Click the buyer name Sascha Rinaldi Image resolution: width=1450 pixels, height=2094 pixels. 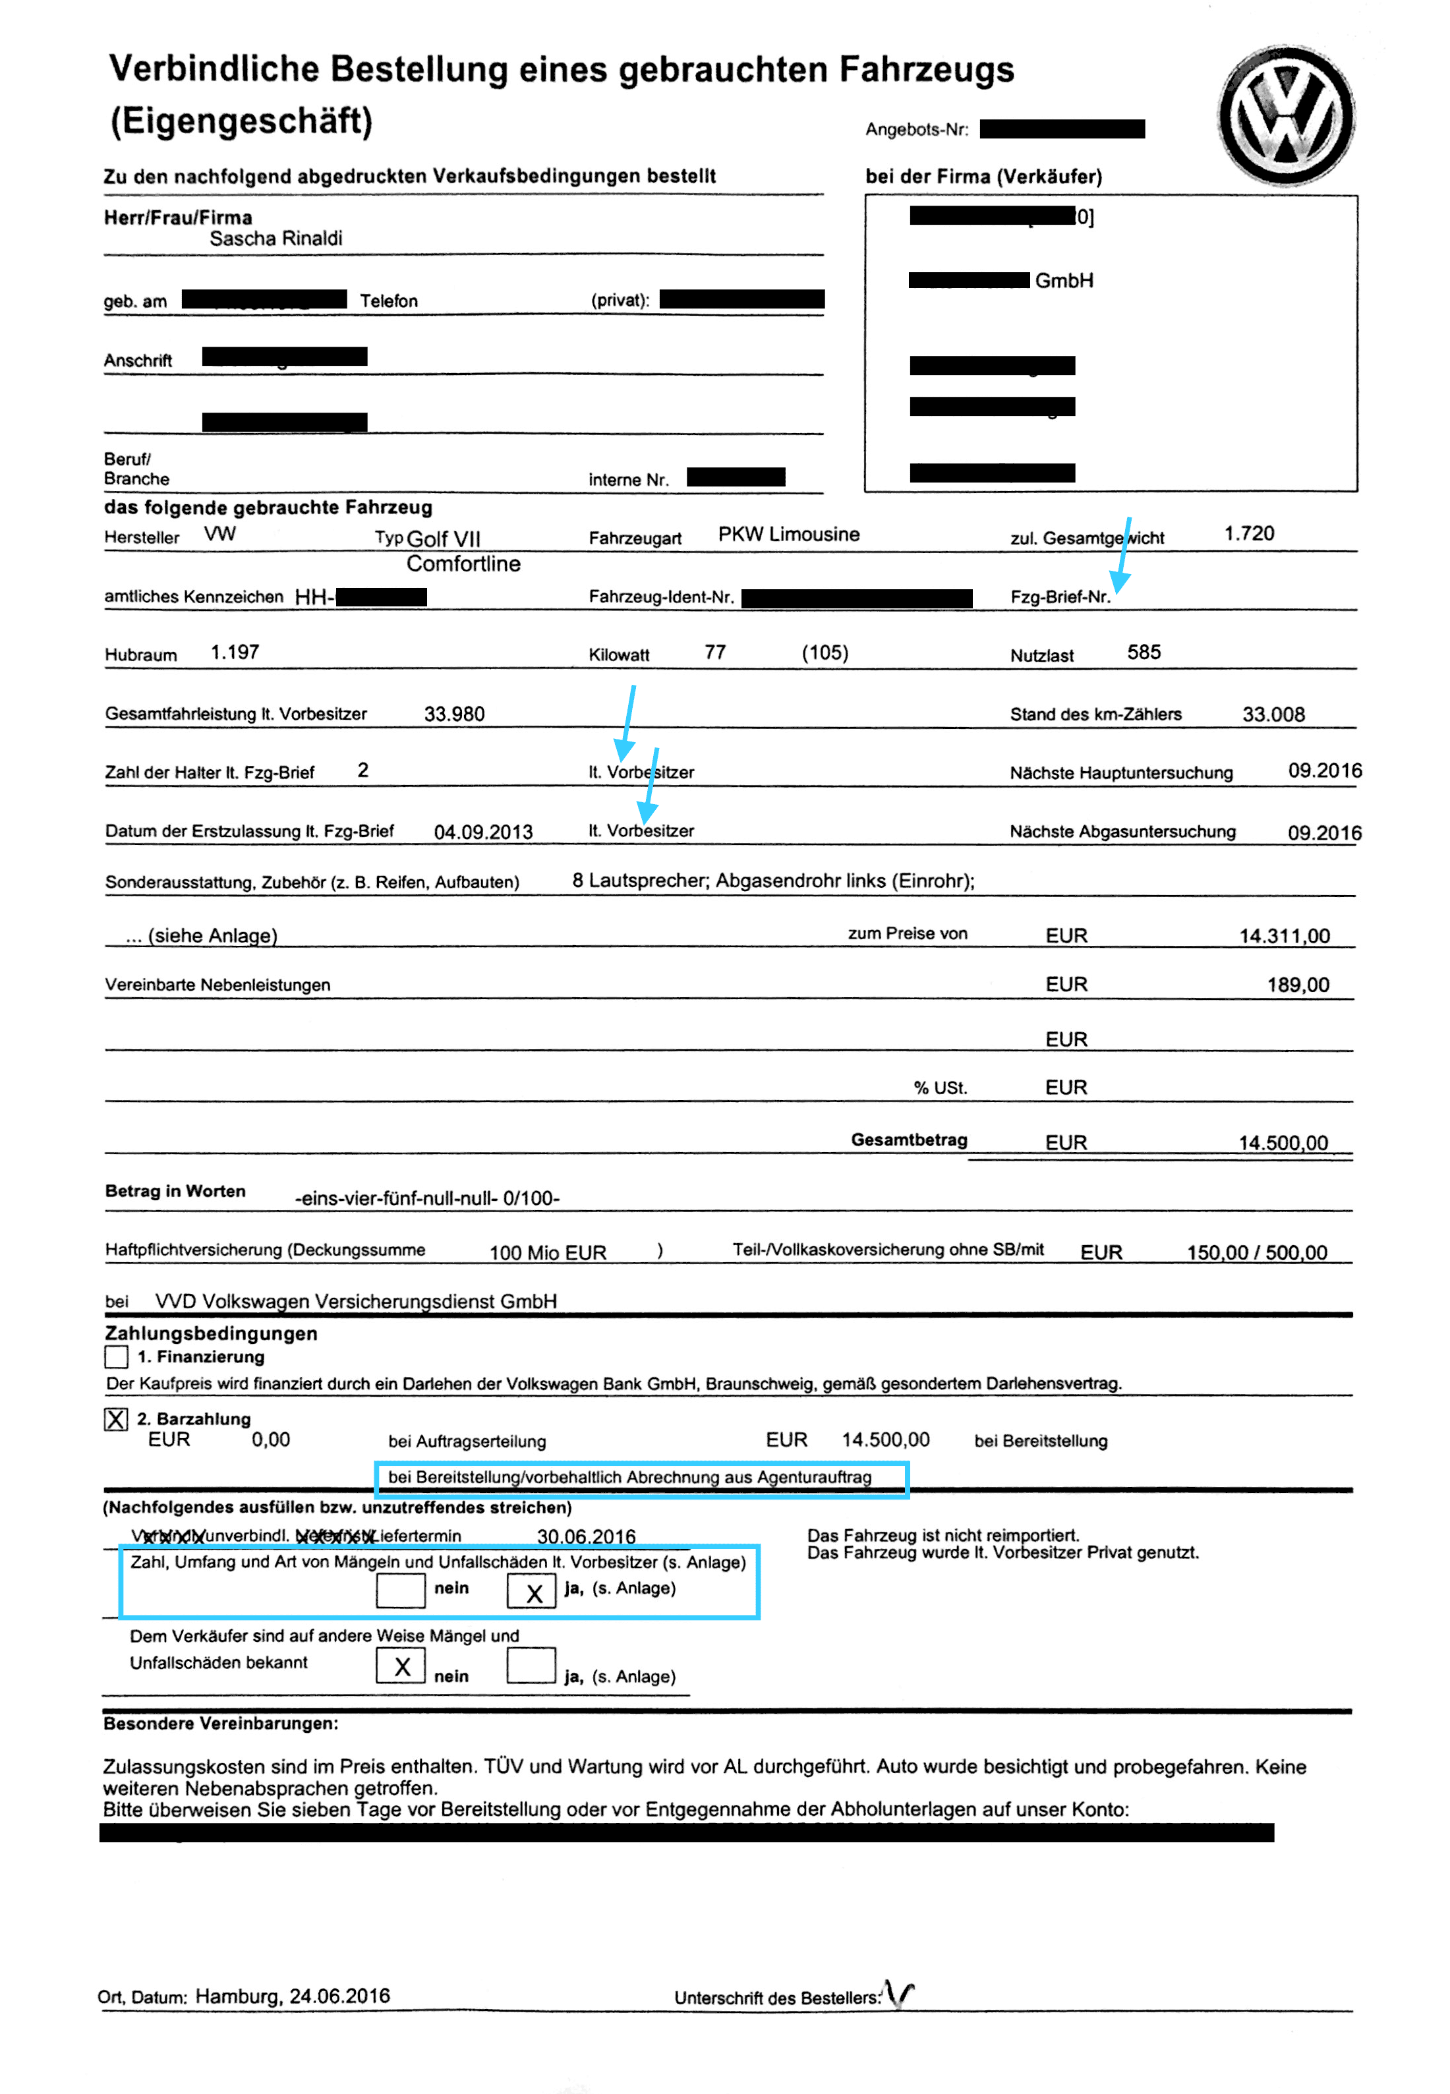[x=275, y=238]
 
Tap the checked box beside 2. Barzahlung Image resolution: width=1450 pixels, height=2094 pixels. [x=116, y=1419]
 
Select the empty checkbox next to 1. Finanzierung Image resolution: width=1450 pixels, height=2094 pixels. [x=116, y=1356]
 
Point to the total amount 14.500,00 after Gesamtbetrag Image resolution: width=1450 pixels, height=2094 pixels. [x=1283, y=1143]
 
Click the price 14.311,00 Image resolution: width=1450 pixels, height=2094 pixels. [x=1284, y=936]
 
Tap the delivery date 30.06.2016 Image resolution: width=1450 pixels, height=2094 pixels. [x=586, y=1536]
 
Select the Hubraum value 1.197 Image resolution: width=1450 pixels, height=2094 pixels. [x=235, y=653]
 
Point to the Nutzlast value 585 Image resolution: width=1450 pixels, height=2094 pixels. [x=1144, y=653]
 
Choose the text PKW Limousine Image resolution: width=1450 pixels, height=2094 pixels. [x=788, y=534]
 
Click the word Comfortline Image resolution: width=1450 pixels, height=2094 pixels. [x=463, y=564]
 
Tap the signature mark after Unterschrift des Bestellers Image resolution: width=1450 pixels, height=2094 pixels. [x=900, y=1994]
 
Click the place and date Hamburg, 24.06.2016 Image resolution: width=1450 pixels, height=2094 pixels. [x=293, y=1996]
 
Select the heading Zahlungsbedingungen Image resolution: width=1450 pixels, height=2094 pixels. [x=211, y=1333]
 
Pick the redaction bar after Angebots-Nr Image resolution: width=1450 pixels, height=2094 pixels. [x=1062, y=129]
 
